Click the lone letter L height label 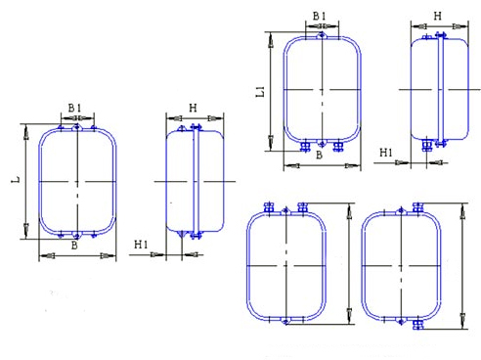16,179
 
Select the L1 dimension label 260,92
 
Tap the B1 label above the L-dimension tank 74,108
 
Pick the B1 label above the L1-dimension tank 320,16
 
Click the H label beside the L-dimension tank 193,108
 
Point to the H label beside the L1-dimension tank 438,16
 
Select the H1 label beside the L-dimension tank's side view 141,245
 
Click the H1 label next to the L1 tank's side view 386,153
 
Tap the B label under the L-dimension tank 74,246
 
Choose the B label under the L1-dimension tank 320,155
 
